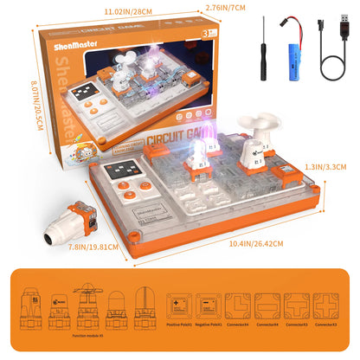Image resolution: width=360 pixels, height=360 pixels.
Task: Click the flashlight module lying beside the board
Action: click(x=66, y=216)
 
